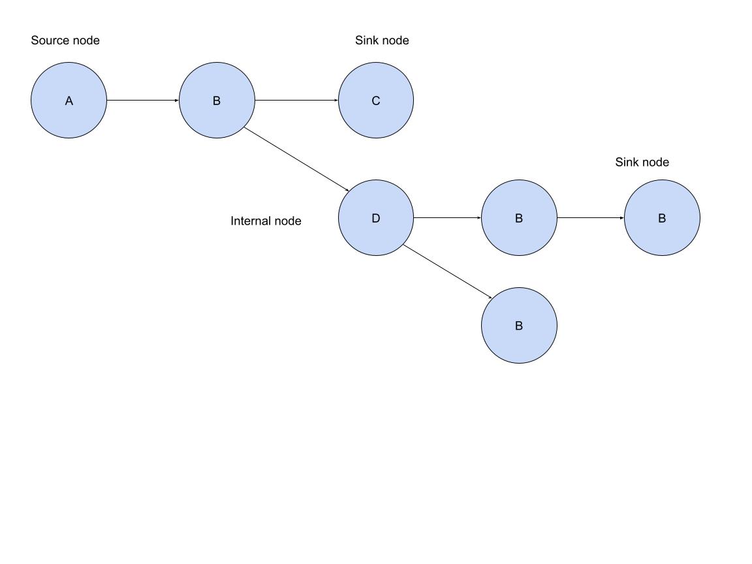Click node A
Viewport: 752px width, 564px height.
[69, 101]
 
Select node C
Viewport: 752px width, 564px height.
[375, 101]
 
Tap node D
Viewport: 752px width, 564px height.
[375, 218]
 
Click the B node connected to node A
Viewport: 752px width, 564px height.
[217, 101]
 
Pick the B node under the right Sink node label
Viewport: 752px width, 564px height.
[662, 218]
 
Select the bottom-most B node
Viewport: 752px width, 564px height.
[519, 326]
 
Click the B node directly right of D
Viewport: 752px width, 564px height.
[519, 218]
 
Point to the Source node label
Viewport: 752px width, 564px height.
[65, 40]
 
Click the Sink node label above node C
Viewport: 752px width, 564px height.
[382, 40]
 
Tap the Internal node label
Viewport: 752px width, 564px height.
[266, 221]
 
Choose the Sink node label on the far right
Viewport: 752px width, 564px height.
[642, 163]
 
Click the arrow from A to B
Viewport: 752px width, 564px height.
[142, 101]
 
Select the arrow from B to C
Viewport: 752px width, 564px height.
[296, 101]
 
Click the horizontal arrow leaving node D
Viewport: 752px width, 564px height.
[447, 218]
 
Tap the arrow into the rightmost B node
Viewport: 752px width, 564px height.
[591, 218]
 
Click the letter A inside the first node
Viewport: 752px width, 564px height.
[69, 101]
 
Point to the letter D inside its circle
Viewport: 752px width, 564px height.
[375, 218]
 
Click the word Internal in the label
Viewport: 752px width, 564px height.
[249, 221]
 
